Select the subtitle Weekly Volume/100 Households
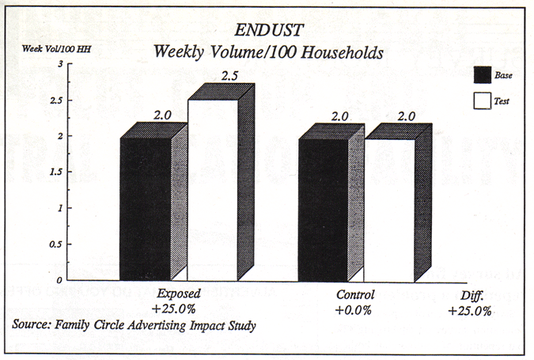tap(268, 53)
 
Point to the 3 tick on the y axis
tap(61, 64)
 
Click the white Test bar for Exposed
tap(212, 190)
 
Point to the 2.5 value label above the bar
tap(208, 77)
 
